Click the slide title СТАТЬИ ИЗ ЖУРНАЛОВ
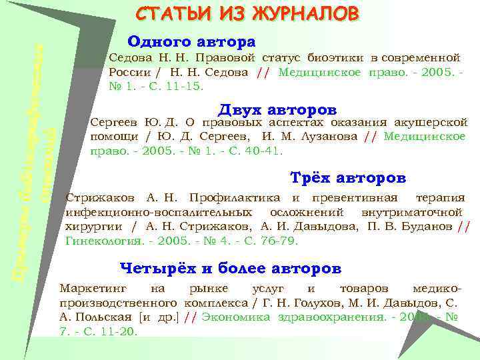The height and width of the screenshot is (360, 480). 247,14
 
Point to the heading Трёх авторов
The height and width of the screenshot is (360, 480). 348,179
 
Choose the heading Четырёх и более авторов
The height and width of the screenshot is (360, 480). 230,269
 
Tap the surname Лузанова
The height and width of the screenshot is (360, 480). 332,136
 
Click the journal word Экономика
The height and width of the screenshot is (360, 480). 236,317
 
